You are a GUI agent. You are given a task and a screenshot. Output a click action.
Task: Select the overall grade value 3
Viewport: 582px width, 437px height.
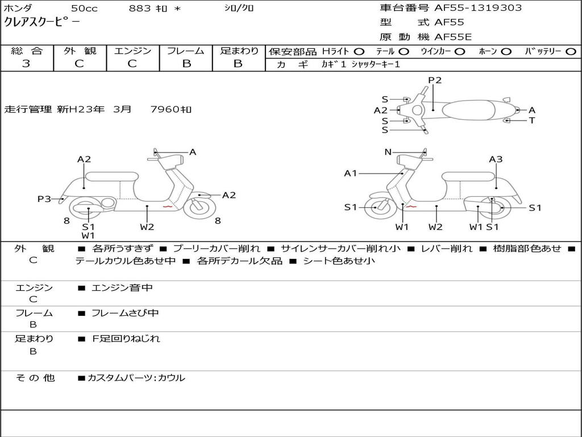click(x=26, y=64)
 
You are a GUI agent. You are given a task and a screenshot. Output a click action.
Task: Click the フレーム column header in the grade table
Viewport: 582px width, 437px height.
click(x=186, y=51)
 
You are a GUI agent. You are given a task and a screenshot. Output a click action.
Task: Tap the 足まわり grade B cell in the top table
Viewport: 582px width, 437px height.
click(x=238, y=64)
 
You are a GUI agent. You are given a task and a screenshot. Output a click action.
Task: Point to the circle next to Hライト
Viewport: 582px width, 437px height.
click(x=359, y=52)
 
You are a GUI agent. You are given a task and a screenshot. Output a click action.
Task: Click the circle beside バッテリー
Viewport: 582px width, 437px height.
click(x=571, y=52)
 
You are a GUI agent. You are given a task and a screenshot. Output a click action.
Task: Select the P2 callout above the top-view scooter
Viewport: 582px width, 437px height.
click(x=435, y=80)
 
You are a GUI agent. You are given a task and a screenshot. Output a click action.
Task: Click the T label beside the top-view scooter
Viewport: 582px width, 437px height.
click(x=532, y=120)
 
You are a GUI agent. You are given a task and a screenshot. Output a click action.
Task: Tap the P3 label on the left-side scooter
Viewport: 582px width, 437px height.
click(x=44, y=199)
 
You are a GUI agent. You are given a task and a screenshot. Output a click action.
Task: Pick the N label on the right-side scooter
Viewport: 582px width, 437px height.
click(x=388, y=152)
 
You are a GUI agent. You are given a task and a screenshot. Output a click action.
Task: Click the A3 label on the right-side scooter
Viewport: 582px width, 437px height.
click(x=496, y=159)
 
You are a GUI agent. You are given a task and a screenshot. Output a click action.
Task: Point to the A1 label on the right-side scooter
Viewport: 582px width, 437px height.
click(x=351, y=173)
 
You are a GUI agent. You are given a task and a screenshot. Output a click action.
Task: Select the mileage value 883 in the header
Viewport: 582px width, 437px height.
click(x=140, y=9)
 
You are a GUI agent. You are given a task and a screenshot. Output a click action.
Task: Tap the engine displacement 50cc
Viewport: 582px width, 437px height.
click(x=84, y=9)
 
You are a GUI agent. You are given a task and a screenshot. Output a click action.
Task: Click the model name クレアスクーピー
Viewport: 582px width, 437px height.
click(x=42, y=22)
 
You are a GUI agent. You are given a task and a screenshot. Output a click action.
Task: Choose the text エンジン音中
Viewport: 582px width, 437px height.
click(x=122, y=288)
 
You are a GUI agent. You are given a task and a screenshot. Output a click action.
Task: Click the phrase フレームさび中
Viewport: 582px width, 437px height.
click(x=125, y=313)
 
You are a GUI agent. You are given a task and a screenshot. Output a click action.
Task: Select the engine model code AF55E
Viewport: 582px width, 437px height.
click(x=453, y=37)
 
